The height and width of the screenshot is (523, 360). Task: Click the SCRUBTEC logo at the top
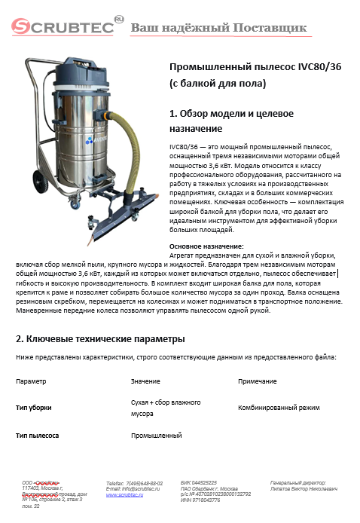pos(63,28)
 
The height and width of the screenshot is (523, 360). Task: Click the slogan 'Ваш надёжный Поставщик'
pos(219,29)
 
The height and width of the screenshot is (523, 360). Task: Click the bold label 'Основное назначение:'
pos(206,246)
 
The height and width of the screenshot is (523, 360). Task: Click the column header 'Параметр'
pos(31,381)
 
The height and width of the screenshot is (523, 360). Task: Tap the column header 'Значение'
pos(145,381)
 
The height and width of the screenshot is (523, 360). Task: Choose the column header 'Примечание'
pos(258,381)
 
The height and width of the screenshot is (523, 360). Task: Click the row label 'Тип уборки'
pos(34,408)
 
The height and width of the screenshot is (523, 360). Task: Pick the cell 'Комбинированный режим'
pos(278,408)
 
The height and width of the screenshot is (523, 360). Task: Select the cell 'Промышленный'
pos(157,436)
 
